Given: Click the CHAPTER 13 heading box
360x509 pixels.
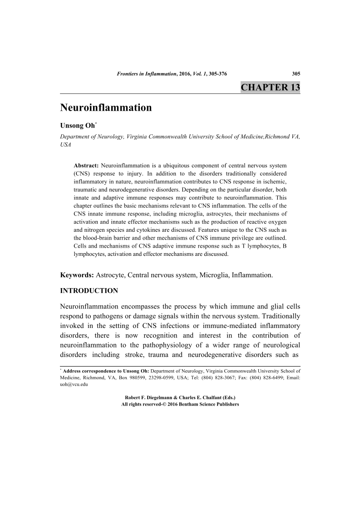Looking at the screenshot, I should coord(270,88).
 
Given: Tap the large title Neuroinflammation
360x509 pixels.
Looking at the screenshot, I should coord(106,108).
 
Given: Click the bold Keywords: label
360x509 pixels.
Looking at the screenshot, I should coord(77,275).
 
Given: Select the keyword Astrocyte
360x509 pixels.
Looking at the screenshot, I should coord(109,275).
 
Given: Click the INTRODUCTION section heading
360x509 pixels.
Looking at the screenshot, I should coord(89,290).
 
